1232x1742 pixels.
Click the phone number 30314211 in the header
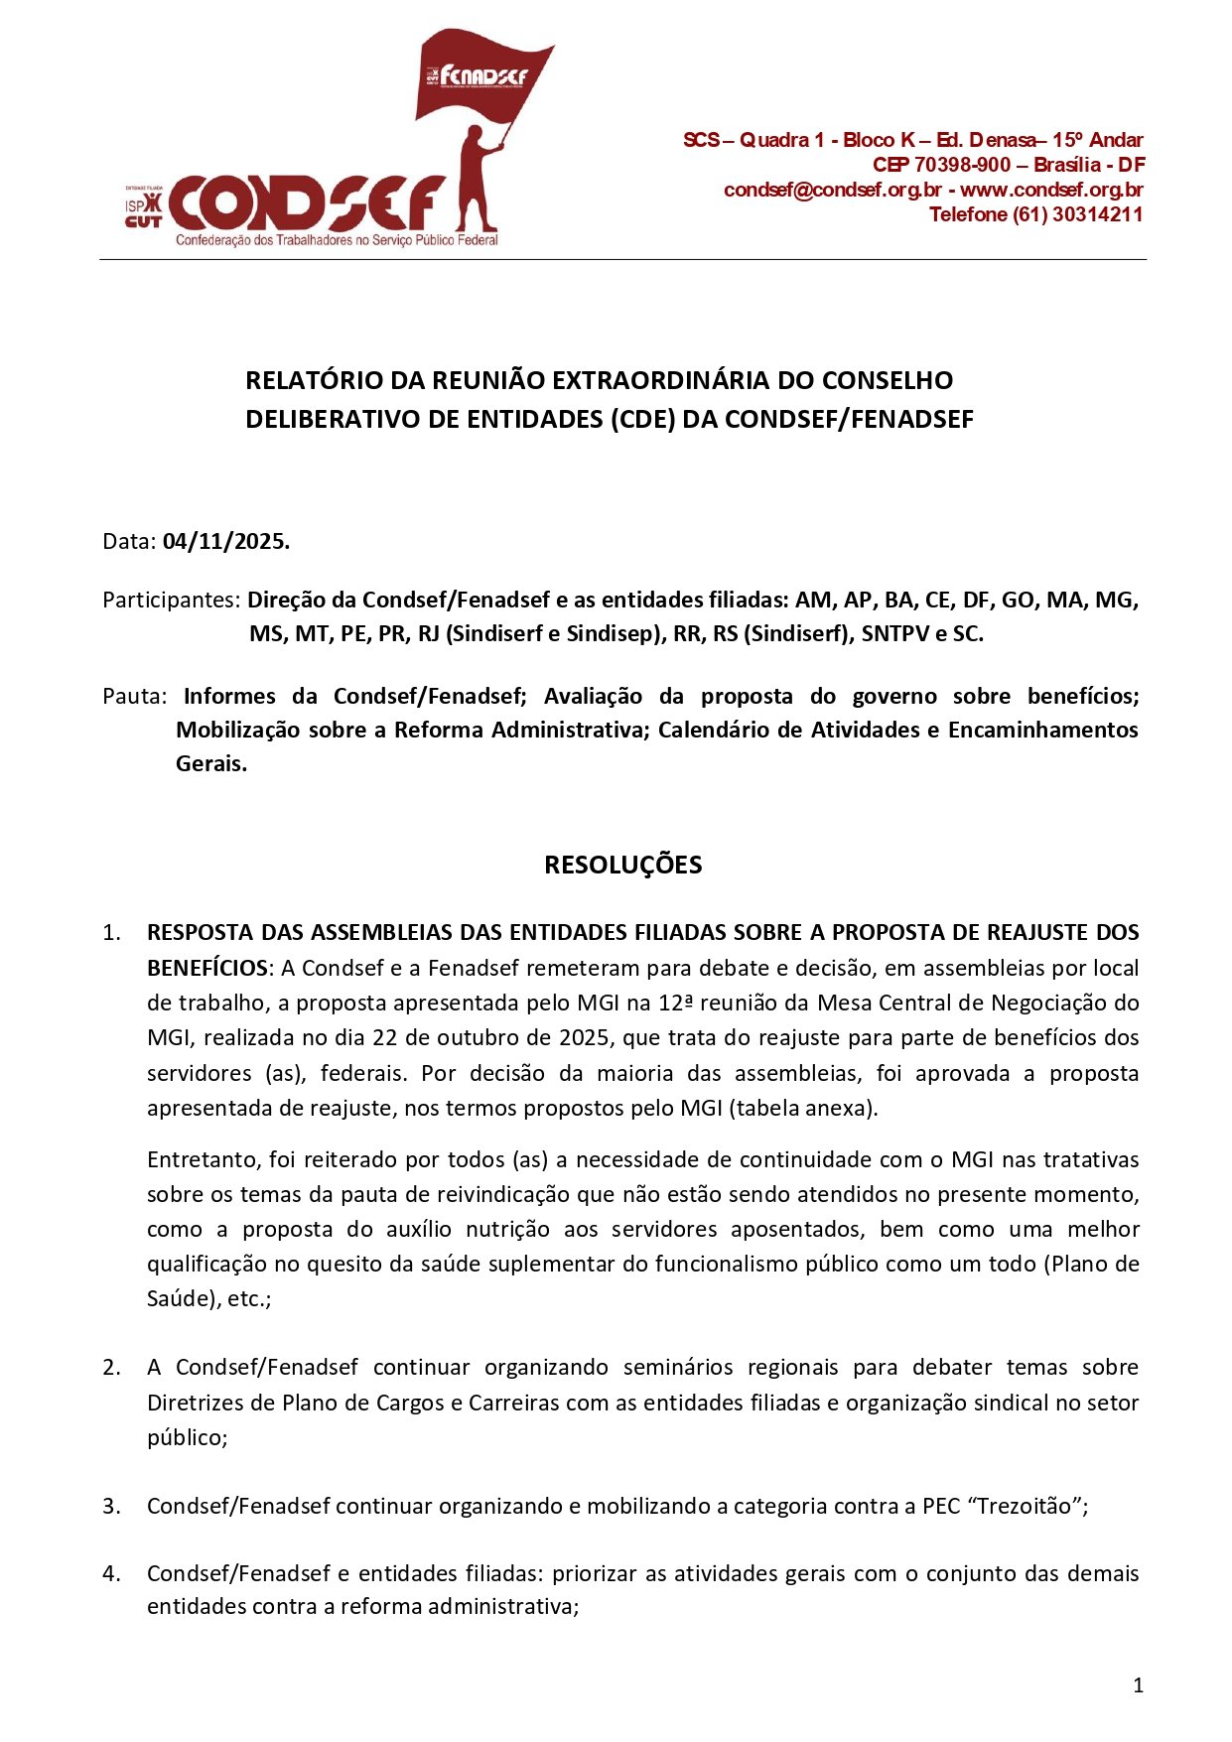pos(1097,214)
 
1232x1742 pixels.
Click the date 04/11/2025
pos(225,542)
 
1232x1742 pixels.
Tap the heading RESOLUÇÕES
pos(622,865)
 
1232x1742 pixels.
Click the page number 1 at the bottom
pos(1138,1684)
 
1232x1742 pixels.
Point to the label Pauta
pos(134,696)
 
